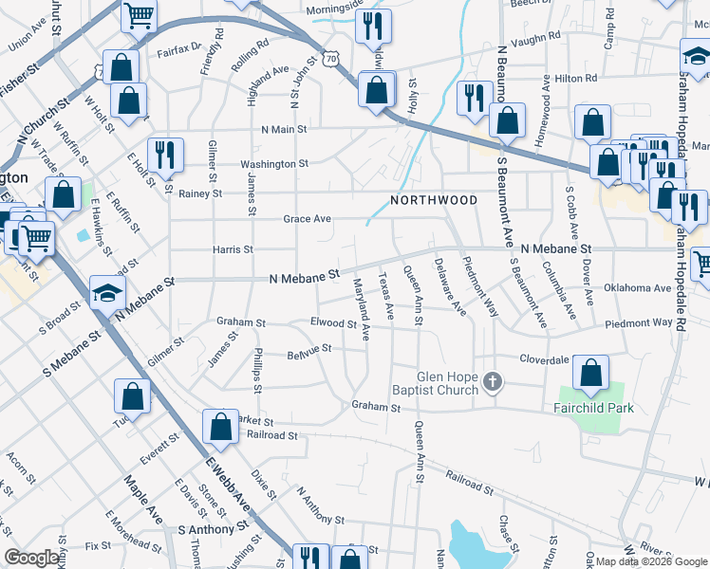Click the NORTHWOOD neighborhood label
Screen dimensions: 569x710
pyautogui.click(x=434, y=200)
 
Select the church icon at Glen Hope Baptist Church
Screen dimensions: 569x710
pyautogui.click(x=492, y=382)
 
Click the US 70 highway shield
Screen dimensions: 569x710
pyautogui.click(x=330, y=59)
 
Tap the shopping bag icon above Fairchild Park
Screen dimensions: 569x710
pyautogui.click(x=591, y=374)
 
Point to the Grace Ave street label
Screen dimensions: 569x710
pyautogui.click(x=307, y=219)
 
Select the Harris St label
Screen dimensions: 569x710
pyautogui.click(x=234, y=249)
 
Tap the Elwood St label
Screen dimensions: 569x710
pyautogui.click(x=332, y=322)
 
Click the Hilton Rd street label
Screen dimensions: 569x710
pyautogui.click(x=576, y=79)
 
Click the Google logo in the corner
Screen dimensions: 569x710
pyautogui.click(x=32, y=557)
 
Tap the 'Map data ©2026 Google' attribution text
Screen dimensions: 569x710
pyautogui.click(x=650, y=561)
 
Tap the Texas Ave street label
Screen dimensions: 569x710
pyautogui.click(x=384, y=297)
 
